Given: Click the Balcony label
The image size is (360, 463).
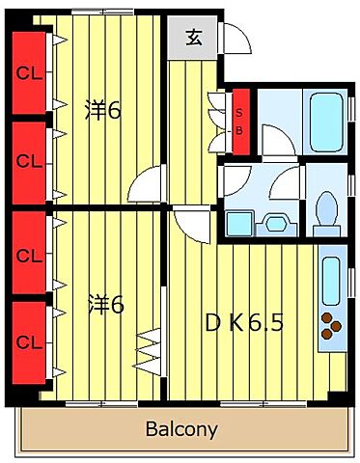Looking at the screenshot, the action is pos(181,429).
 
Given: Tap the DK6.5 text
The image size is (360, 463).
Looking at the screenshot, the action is pos(244,323).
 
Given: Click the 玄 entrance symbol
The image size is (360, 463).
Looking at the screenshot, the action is pos(194,38).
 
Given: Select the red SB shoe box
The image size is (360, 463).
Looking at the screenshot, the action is pos(241,122).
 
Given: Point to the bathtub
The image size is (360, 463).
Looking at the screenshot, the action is pos(325,122).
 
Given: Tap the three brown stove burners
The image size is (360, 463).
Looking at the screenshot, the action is pos(331,326).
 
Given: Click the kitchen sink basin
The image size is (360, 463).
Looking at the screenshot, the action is pos(331,281).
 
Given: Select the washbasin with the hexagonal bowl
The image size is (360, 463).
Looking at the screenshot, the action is pos(276,224).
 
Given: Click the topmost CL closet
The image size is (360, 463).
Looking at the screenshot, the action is pos(29,73).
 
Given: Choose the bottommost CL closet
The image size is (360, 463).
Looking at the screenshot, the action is pos(29,342).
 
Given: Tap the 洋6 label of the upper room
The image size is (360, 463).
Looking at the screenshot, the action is pos(103,110).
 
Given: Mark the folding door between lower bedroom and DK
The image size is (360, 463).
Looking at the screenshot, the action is pos(151,352).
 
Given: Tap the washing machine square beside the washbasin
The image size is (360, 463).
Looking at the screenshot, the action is pos(240,224).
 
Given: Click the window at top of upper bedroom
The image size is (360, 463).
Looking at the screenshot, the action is pos(102,12).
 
